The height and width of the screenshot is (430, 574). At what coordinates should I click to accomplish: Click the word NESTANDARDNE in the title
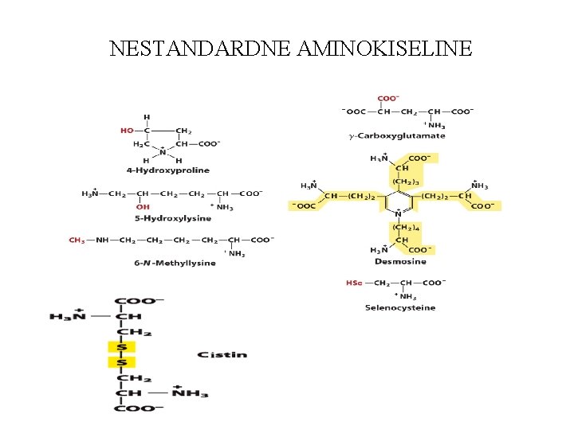(201, 49)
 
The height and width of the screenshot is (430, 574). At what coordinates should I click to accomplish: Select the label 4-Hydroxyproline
(167, 170)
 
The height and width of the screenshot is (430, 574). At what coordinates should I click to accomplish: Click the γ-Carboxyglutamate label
(397, 136)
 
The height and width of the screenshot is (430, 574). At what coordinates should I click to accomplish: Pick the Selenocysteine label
(400, 307)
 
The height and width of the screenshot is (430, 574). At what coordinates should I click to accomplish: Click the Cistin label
(222, 354)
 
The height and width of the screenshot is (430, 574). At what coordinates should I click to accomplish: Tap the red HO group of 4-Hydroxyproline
(127, 131)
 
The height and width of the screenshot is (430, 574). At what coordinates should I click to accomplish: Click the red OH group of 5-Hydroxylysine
(143, 207)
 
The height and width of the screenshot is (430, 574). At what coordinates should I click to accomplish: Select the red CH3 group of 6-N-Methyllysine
(77, 240)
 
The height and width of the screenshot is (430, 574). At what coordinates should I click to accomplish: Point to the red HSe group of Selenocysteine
(354, 283)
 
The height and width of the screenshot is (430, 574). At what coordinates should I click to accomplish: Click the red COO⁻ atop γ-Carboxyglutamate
(388, 99)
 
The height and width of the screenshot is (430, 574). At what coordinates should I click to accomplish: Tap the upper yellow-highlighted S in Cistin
(122, 346)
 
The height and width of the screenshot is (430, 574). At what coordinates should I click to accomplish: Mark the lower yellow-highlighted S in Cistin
(122, 362)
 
